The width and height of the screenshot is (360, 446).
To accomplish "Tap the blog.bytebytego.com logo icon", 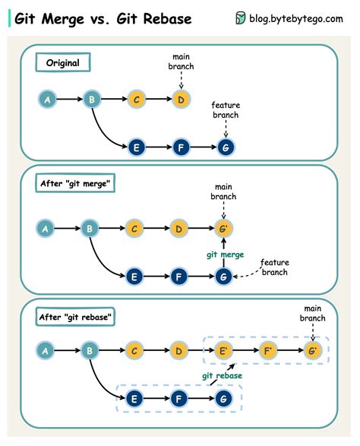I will [241, 18].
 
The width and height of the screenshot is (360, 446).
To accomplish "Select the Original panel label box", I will [63, 63].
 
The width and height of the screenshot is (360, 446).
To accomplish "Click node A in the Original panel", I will [47, 99].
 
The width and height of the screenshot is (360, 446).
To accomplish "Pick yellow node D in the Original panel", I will [180, 99].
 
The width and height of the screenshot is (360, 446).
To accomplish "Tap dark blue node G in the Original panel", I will [225, 147].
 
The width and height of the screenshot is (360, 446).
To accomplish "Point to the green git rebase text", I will [223, 375].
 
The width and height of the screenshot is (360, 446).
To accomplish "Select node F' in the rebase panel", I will [268, 351].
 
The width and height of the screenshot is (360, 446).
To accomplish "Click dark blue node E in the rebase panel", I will [134, 398].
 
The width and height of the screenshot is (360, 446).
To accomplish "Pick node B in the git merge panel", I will [90, 228].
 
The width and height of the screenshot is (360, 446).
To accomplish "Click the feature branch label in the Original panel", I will [225, 109].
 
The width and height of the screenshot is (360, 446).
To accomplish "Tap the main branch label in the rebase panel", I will [312, 313].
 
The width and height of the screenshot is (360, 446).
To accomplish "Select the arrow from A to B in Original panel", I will [68, 99].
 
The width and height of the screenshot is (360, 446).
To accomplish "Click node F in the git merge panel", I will [179, 277].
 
